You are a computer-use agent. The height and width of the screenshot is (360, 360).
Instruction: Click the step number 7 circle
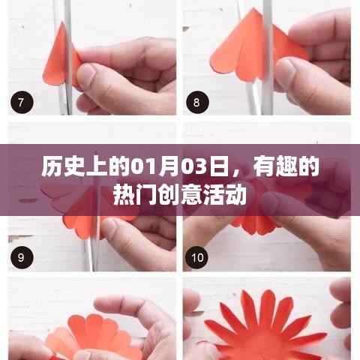[19, 101]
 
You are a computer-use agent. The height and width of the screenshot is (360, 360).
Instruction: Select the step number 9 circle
[19, 257]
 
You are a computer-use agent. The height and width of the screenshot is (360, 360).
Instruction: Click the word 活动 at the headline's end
[226, 194]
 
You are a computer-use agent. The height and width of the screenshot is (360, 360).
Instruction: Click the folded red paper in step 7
[58, 56]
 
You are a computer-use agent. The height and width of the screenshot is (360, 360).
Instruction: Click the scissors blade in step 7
[67, 30]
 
